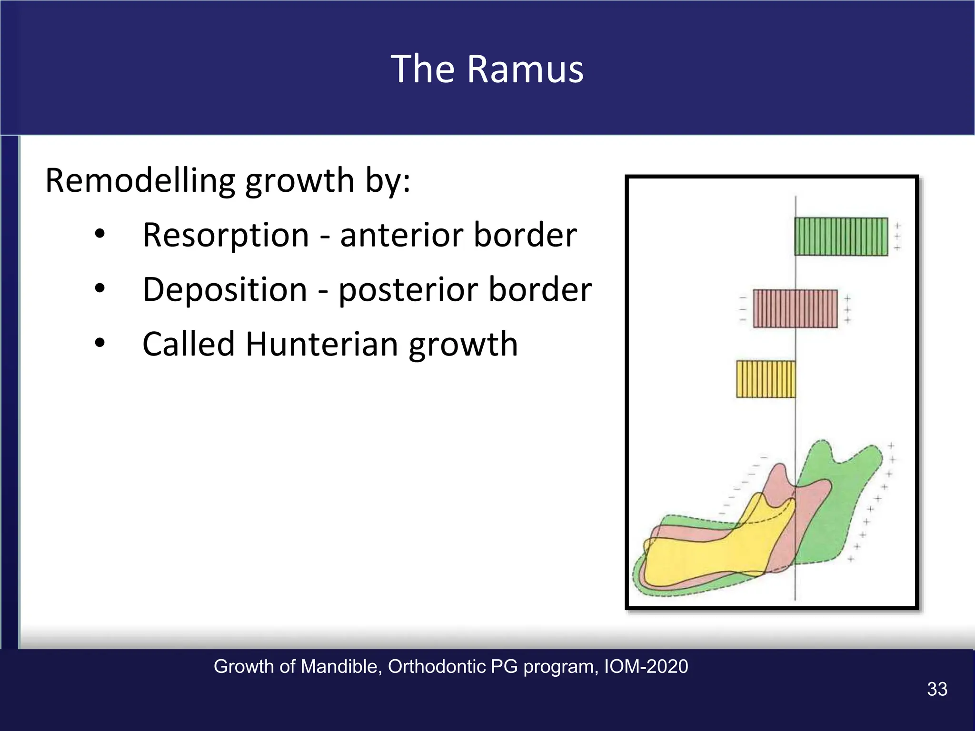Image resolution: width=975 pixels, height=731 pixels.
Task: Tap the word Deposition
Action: coord(225,289)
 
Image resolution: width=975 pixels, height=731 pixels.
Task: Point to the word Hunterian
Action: coord(321,344)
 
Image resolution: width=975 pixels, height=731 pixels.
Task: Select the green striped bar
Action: coord(841,237)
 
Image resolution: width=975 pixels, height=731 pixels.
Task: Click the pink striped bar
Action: coord(795,308)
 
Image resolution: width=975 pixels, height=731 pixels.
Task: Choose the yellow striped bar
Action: coord(766,379)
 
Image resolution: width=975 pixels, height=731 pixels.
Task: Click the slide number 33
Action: coord(937,689)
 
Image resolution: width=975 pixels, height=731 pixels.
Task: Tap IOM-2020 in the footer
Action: coord(646,666)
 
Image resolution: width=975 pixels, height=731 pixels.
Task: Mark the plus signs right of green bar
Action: coord(897,237)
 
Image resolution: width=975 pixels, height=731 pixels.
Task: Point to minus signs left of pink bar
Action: coord(743,309)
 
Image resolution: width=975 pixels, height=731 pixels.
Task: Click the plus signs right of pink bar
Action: coord(847,309)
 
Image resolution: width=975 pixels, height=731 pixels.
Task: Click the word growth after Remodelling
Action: coord(300,182)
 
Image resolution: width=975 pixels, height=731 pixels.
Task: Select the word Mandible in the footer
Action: coord(341,666)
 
